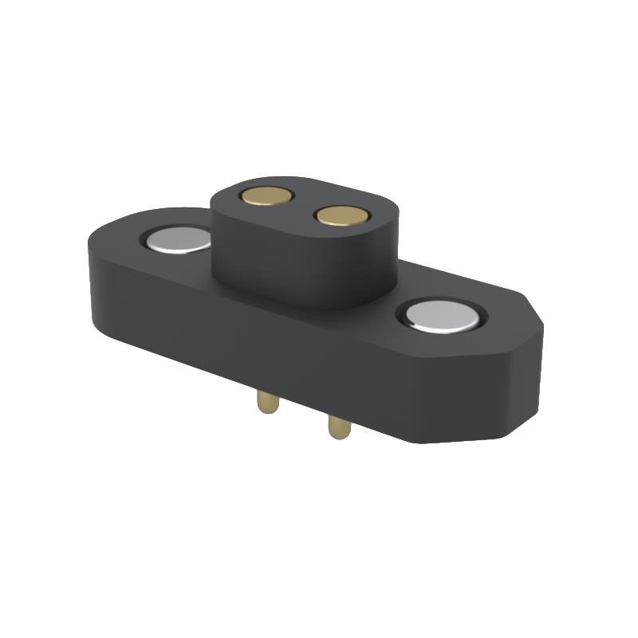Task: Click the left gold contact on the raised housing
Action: point(266,195)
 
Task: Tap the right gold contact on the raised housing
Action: point(341,215)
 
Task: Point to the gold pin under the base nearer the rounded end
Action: point(267,401)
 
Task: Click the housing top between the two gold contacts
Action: point(304,205)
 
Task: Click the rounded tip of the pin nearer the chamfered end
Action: point(340,435)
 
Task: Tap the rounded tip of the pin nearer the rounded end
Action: point(267,410)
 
